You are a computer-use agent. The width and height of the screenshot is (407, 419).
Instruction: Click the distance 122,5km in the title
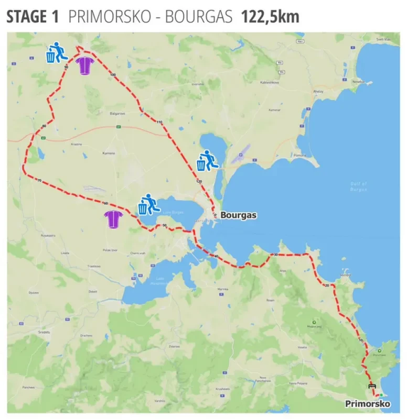[x=270, y=17]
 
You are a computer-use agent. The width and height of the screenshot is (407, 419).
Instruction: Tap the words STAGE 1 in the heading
[x=33, y=17]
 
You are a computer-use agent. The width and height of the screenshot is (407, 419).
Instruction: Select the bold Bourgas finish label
[x=238, y=215]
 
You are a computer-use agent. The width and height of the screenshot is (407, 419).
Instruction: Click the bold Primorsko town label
[x=368, y=404]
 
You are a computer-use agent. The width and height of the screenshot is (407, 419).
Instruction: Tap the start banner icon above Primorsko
[x=372, y=386]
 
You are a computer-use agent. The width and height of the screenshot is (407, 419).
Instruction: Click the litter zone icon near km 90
[x=57, y=53]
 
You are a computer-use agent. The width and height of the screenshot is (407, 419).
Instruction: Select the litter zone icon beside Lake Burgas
[x=148, y=204]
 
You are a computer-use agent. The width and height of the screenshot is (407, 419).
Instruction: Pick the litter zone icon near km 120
[x=207, y=161]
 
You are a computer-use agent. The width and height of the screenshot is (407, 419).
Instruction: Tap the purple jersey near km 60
[x=113, y=219]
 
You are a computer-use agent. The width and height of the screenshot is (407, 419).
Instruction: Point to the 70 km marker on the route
[x=39, y=181]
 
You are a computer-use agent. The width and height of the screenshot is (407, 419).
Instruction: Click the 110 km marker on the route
[x=159, y=122]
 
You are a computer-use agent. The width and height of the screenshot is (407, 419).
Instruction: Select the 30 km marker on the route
[x=275, y=255]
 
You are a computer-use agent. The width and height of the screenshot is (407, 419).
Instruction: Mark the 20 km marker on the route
[x=326, y=285]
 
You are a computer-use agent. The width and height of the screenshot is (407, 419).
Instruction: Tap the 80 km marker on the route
[x=44, y=126]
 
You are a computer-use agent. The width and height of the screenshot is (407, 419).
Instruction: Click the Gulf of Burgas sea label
[x=359, y=186]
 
